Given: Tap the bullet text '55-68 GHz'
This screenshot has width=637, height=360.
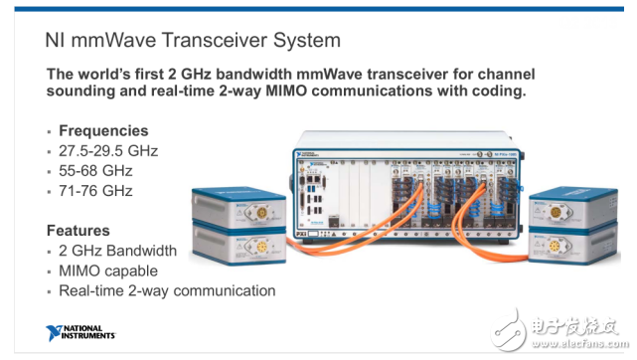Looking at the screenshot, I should (95, 171).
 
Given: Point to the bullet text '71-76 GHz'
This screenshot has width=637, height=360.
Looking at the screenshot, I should (95, 191).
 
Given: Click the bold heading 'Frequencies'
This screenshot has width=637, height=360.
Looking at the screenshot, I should (103, 130).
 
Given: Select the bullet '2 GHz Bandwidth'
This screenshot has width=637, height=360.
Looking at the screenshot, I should (117, 251).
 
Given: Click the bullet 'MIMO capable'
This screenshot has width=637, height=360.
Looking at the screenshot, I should (106, 270).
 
